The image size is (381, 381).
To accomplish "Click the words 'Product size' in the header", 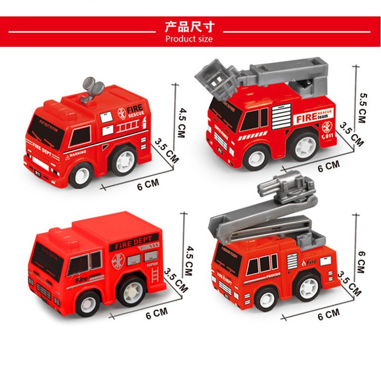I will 189,39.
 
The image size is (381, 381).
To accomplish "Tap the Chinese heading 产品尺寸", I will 189,26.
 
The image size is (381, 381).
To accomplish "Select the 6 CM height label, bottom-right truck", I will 361,261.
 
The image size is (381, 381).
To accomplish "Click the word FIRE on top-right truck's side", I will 306,118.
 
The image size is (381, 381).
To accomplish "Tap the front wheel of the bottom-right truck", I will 266,298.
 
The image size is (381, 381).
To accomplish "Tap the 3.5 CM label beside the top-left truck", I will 166,150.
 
